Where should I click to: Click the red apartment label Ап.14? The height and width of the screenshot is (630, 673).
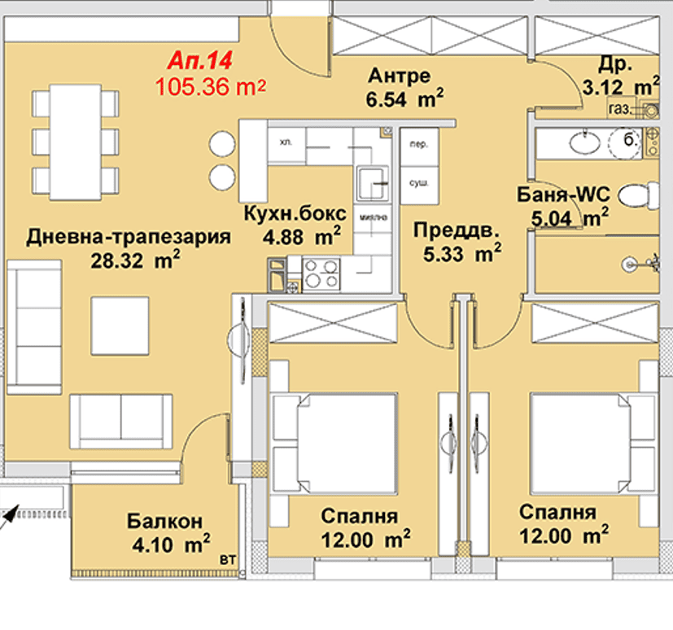pyautogui.click(x=200, y=61)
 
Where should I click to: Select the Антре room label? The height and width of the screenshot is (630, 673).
pyautogui.click(x=399, y=77)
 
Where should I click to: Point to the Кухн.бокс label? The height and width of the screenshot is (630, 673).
pyautogui.click(x=295, y=215)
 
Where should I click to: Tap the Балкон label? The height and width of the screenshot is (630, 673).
pyautogui.click(x=164, y=521)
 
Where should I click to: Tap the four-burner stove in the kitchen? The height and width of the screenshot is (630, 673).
pyautogui.click(x=321, y=273)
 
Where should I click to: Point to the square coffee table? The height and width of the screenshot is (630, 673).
pyautogui.click(x=120, y=326)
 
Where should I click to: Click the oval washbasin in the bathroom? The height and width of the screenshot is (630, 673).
pyautogui.click(x=583, y=143)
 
